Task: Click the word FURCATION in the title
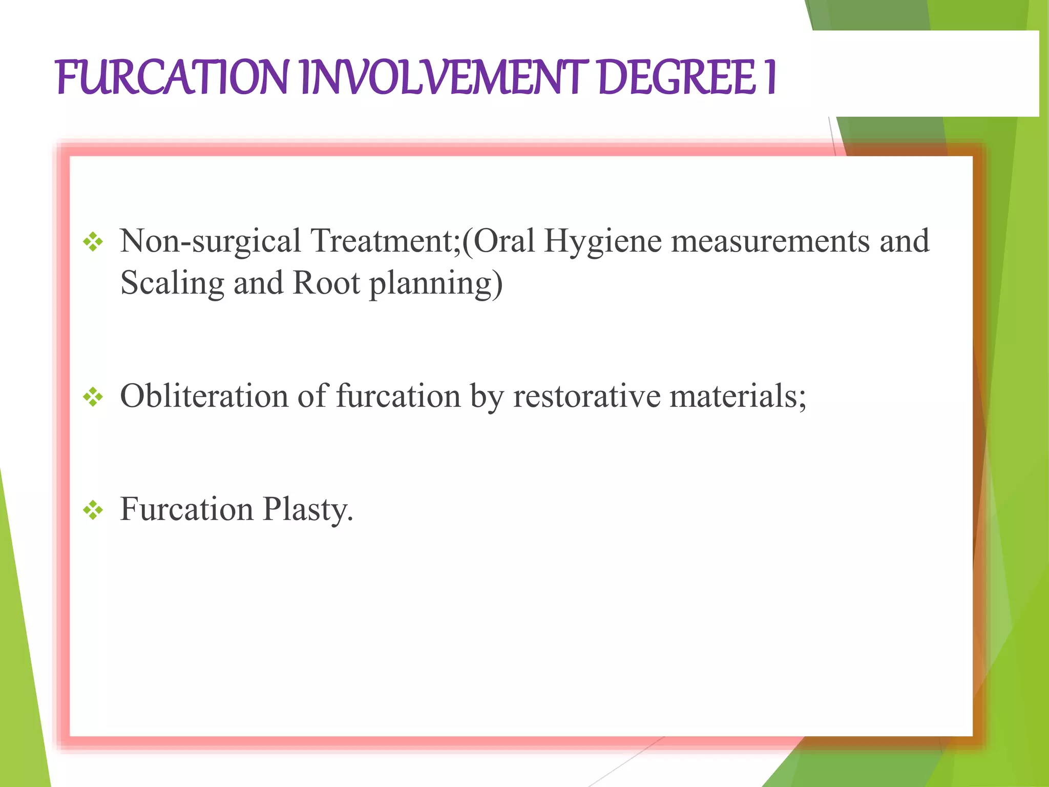(172, 78)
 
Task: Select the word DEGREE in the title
(677, 78)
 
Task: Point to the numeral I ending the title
(770, 78)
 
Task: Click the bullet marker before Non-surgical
(93, 242)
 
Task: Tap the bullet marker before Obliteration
(93, 397)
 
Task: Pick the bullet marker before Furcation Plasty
(93, 510)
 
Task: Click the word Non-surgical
(211, 241)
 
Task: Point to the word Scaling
(172, 283)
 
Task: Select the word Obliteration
(204, 396)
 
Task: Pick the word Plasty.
(308, 510)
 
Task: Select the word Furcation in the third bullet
(186, 509)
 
